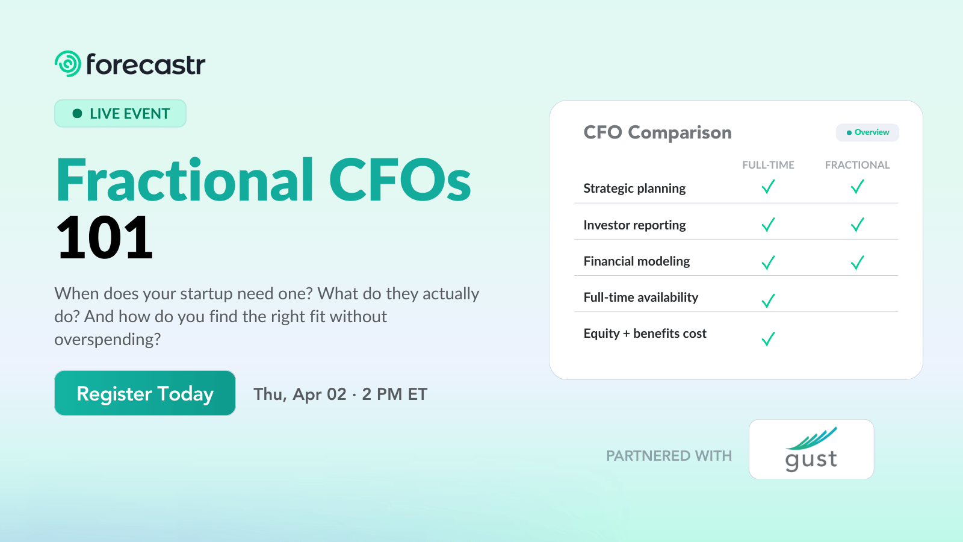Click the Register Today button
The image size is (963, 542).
(144, 393)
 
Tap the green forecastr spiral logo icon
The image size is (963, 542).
(68, 64)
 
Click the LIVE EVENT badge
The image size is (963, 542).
(120, 114)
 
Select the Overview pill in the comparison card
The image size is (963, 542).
(867, 132)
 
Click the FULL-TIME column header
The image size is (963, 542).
(768, 165)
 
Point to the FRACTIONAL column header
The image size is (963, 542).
(857, 165)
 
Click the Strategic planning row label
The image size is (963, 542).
(634, 188)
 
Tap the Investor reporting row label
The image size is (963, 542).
(634, 225)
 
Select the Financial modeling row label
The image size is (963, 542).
(637, 261)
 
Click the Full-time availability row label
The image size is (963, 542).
(641, 297)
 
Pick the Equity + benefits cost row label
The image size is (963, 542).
(645, 334)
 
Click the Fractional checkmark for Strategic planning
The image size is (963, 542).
(858, 187)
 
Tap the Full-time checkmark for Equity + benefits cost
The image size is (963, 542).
(768, 339)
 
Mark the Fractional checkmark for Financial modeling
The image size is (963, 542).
(858, 263)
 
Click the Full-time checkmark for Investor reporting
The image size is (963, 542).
(768, 225)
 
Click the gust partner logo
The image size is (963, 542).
(811, 449)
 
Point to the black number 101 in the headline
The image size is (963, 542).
(105, 238)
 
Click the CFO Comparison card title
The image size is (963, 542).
(657, 132)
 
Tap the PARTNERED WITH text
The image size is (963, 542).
(669, 456)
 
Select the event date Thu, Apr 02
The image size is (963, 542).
(300, 394)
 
